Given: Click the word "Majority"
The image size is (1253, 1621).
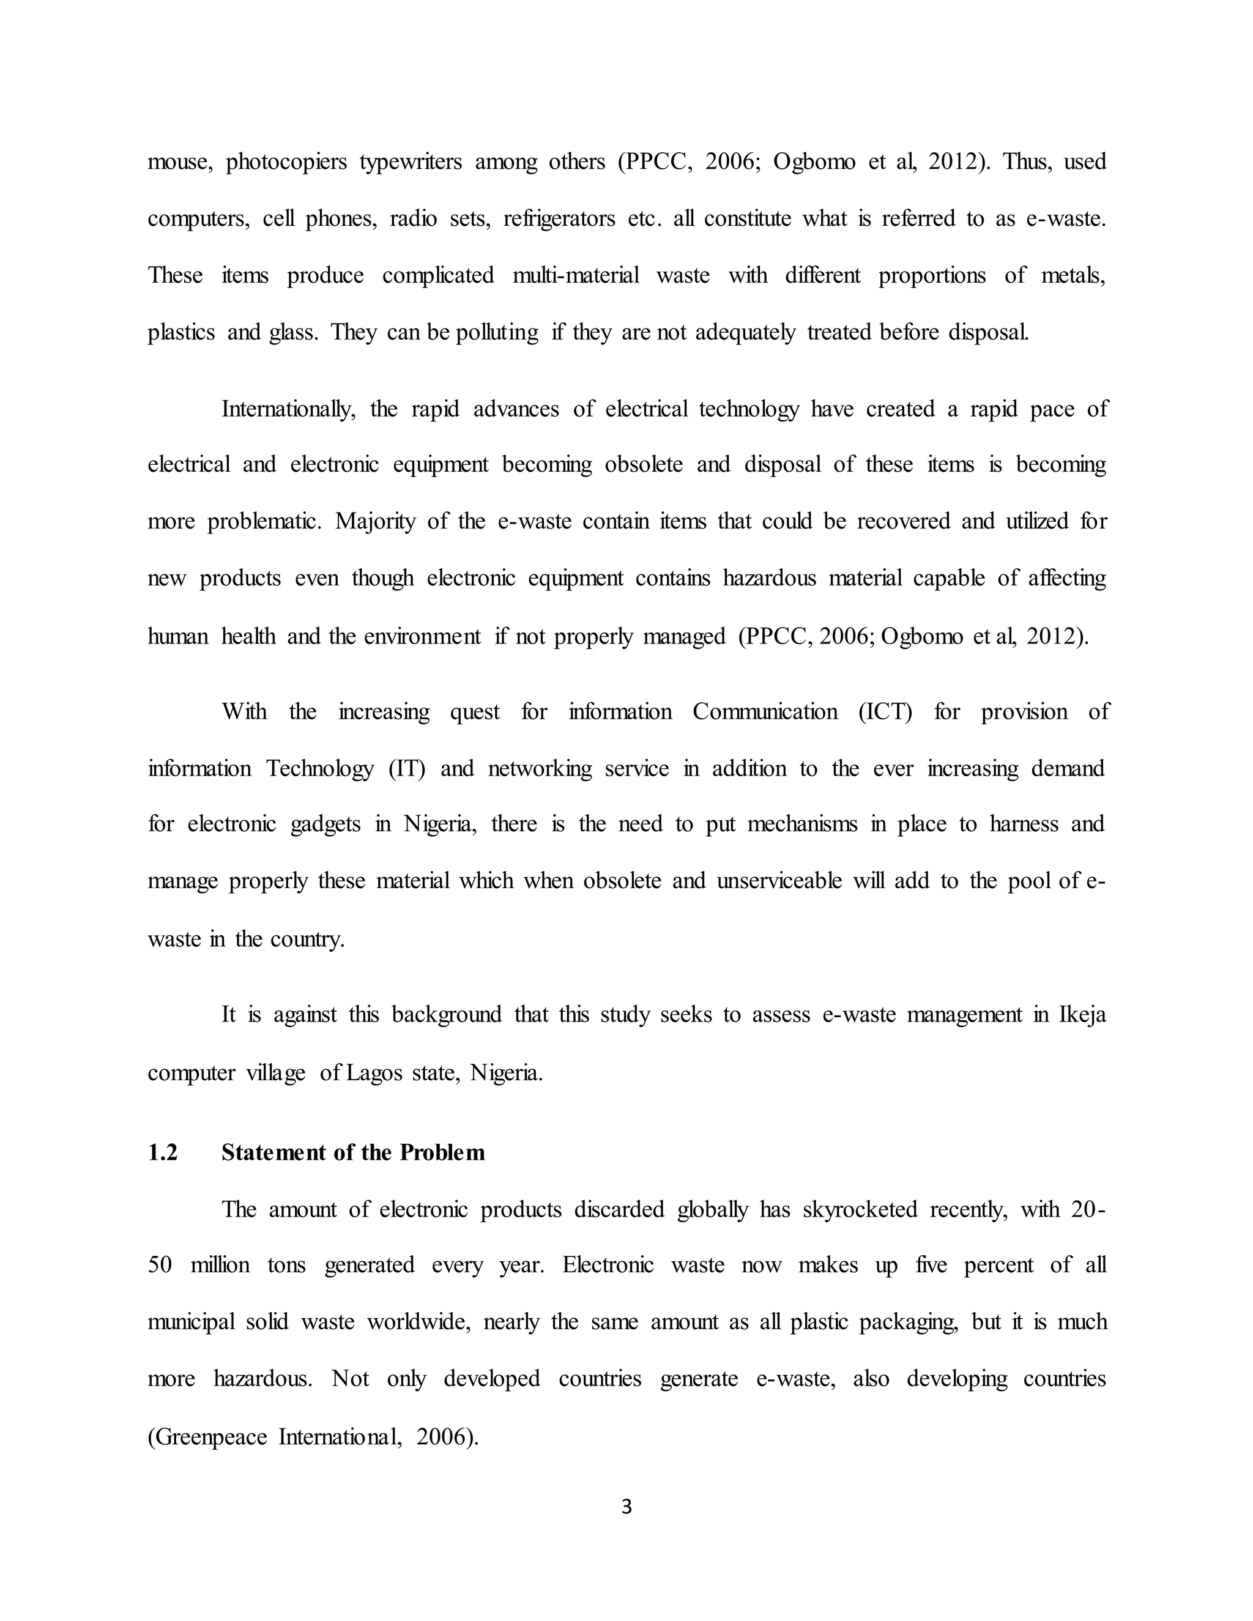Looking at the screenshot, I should click(375, 521).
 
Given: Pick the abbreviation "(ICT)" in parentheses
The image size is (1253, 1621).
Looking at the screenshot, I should click(885, 712).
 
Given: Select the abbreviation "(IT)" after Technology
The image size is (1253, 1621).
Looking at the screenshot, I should click(407, 768).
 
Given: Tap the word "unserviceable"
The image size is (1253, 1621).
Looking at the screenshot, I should click(779, 881).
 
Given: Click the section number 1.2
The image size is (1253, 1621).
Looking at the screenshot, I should click(163, 1152).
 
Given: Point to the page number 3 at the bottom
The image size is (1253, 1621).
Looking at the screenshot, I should click(626, 1507).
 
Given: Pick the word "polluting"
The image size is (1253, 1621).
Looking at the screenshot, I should click(497, 332).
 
